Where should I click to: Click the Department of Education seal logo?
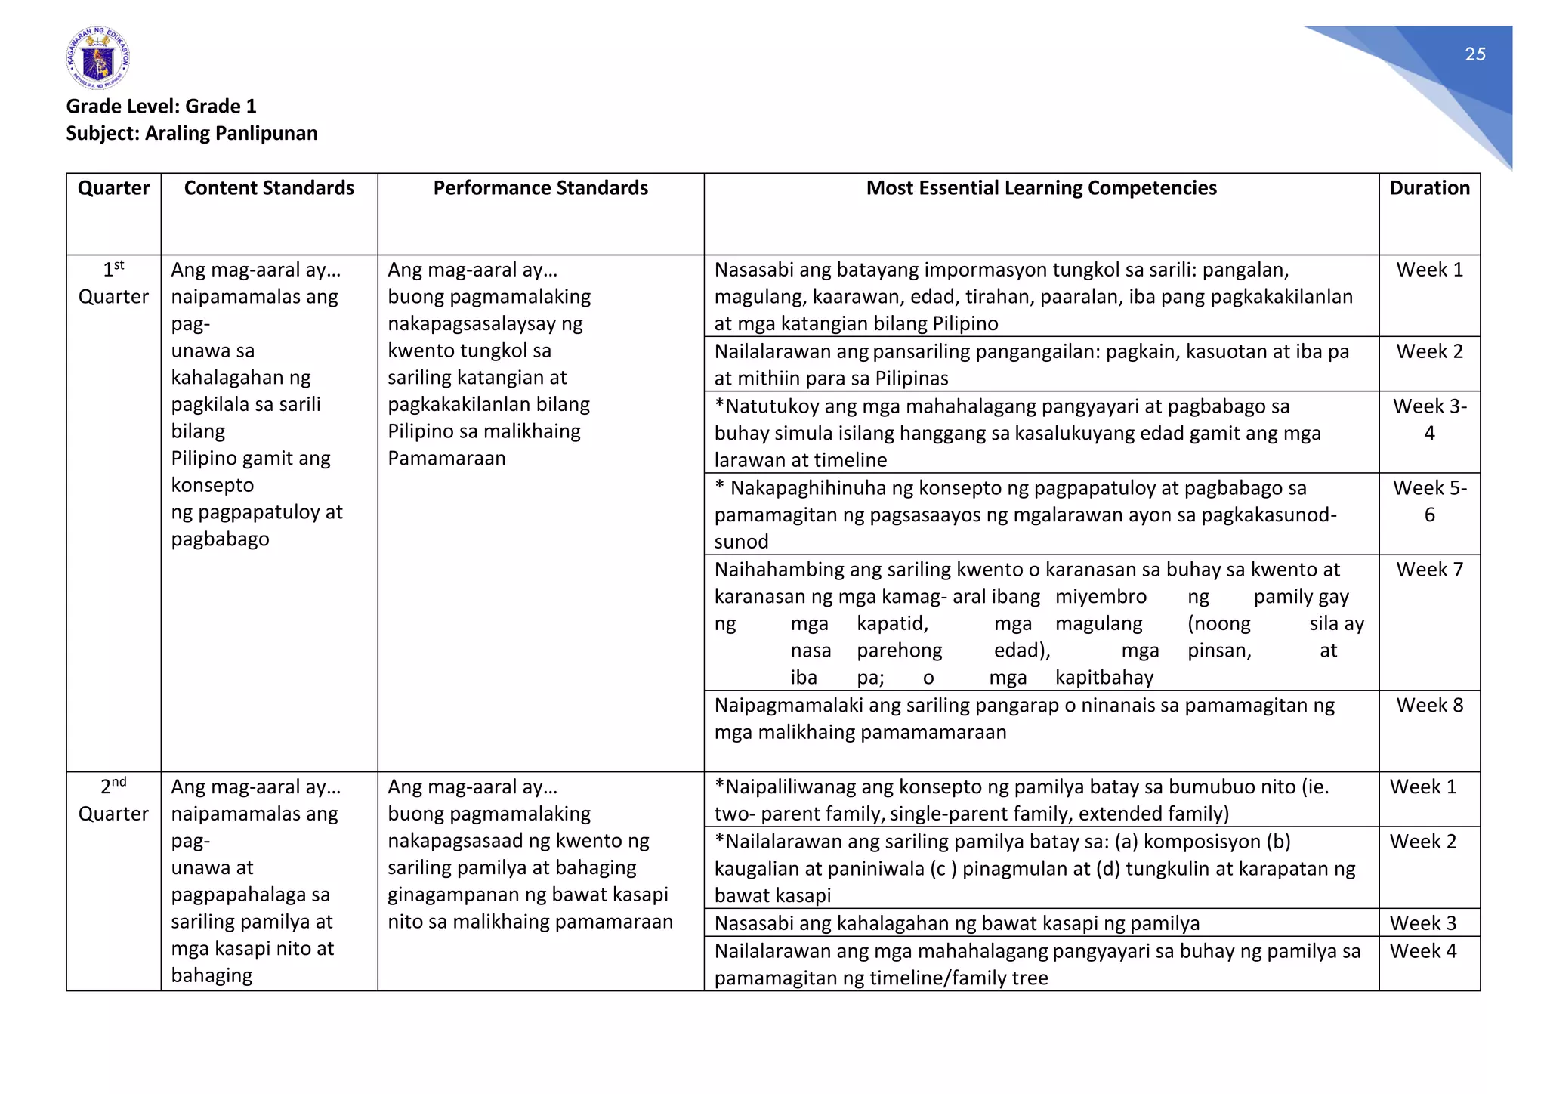pos(97,58)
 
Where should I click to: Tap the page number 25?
pos(1474,54)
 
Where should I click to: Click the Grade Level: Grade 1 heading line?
pos(161,106)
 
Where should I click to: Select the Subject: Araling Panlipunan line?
pos(191,133)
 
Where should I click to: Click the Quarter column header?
pos(113,188)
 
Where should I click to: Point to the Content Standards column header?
pos(269,188)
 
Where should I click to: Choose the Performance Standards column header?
pos(540,188)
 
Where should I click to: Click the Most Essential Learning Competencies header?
pos(1041,188)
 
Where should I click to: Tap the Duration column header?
pos(1429,188)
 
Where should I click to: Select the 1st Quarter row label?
pos(113,283)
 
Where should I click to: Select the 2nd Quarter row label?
pos(113,800)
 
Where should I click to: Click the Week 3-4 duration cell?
pos(1429,419)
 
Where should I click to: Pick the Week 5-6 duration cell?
pos(1429,501)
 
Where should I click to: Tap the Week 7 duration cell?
pos(1429,570)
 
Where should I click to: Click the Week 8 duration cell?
pos(1429,706)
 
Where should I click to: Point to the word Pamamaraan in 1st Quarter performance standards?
pos(446,459)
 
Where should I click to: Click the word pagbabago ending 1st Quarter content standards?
pos(220,539)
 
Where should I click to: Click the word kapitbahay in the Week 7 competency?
pos(1104,678)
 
